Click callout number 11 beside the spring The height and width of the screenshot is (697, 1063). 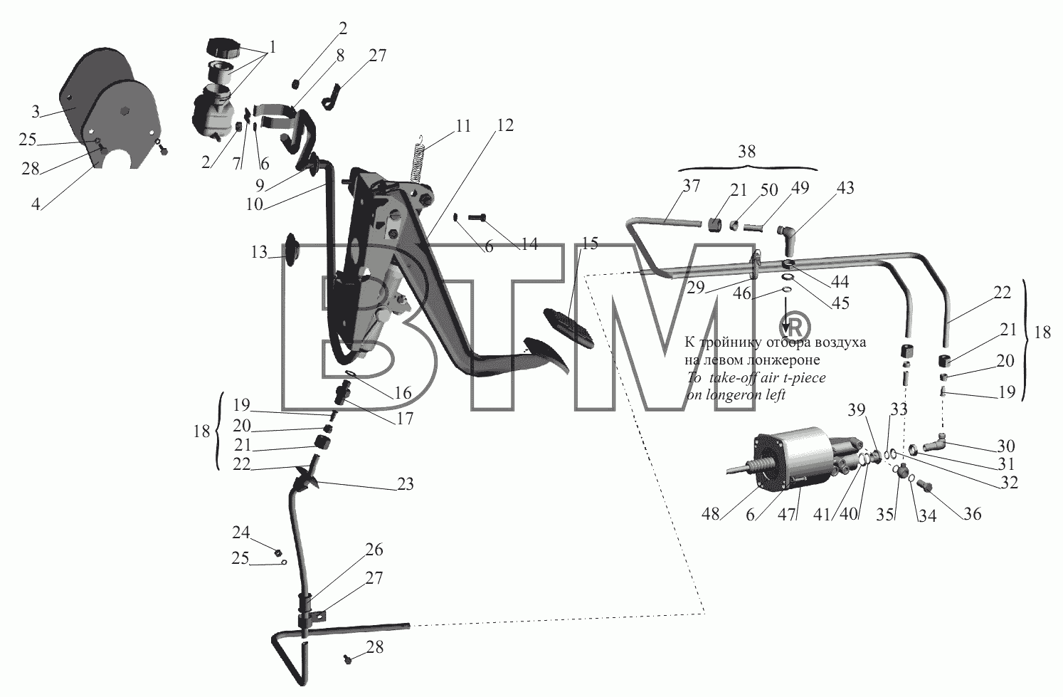click(463, 126)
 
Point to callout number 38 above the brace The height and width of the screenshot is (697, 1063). click(747, 152)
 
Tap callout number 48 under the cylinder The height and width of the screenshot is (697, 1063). click(710, 514)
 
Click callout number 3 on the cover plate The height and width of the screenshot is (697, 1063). click(36, 112)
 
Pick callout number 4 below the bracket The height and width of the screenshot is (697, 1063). click(36, 204)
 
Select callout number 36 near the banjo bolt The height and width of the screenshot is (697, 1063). click(973, 514)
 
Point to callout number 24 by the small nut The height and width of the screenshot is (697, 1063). click(240, 533)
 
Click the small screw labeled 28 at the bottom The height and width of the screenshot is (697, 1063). click(347, 659)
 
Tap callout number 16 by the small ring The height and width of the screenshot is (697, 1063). click(403, 393)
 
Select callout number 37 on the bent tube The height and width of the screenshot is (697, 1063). click(692, 186)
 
